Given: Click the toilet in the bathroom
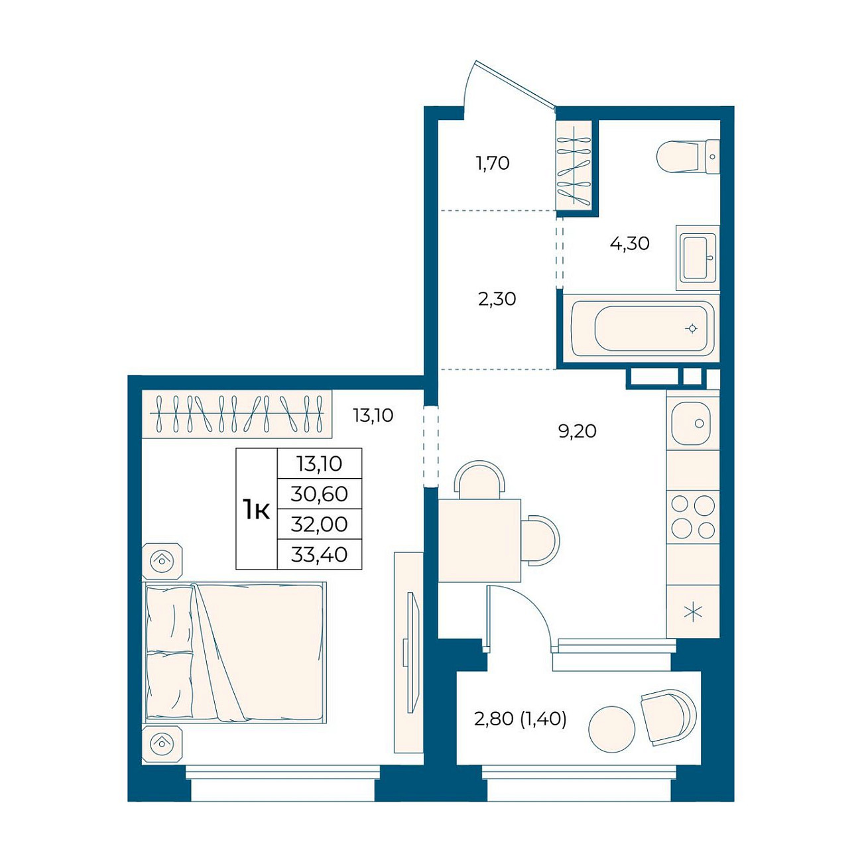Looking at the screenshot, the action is (x=688, y=156).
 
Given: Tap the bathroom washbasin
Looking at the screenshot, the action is (x=698, y=258).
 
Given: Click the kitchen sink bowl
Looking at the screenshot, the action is (x=690, y=423).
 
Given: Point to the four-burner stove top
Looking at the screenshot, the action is (x=693, y=517).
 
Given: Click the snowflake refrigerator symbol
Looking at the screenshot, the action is (x=693, y=612).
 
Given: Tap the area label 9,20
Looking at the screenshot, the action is (x=577, y=431).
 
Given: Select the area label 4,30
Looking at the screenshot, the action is (x=630, y=243).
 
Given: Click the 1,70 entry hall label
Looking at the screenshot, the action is (x=493, y=163).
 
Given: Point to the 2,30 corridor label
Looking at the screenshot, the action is (x=497, y=299).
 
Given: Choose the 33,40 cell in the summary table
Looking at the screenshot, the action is (x=320, y=555).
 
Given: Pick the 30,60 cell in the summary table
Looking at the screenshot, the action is (x=320, y=494).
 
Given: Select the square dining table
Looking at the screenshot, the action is (x=479, y=540).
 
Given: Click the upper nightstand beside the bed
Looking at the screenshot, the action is (x=162, y=560).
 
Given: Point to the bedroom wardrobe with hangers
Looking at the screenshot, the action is (x=237, y=414).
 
